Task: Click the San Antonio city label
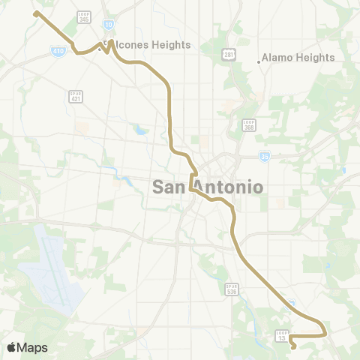click(x=208, y=187)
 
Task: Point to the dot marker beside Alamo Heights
click(x=259, y=61)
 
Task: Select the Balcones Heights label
click(x=150, y=45)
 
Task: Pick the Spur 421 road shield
click(x=75, y=97)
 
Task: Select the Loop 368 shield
click(x=250, y=125)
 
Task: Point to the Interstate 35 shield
click(x=265, y=156)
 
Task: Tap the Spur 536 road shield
click(x=231, y=289)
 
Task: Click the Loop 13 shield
click(x=282, y=336)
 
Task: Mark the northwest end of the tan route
click(x=36, y=13)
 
